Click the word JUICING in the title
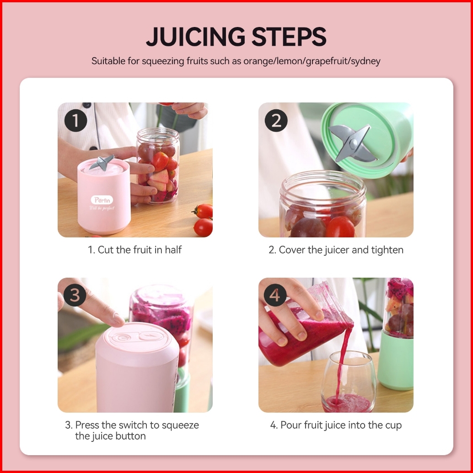(x=195, y=37)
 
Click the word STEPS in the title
(x=289, y=37)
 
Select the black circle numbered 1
(x=76, y=120)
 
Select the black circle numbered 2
(x=276, y=120)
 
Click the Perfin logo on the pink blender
(x=102, y=200)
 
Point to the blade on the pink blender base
(x=102, y=162)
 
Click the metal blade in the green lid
(x=352, y=143)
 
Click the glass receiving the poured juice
(x=349, y=382)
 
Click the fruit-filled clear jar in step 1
(x=158, y=166)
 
